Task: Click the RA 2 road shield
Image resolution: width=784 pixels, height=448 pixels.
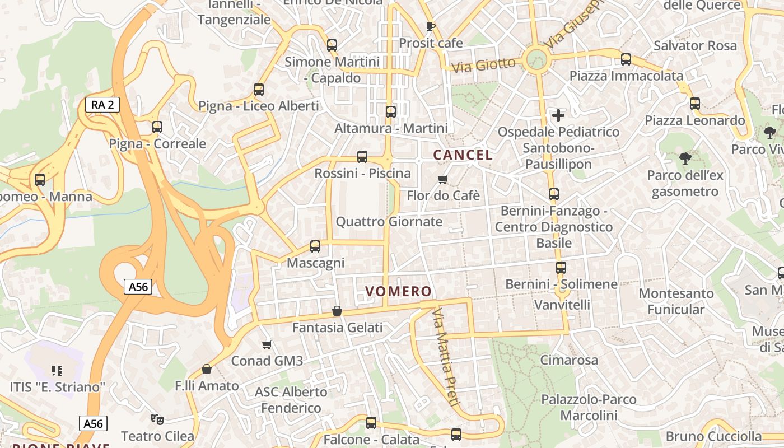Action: click(102, 104)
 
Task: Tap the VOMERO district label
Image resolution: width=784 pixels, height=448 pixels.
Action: click(398, 291)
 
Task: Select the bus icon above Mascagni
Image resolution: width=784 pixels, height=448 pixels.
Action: click(315, 246)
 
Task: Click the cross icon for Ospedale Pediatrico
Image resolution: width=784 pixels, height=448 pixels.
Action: click(558, 115)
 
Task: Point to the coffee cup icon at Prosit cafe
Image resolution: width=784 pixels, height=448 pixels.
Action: click(430, 26)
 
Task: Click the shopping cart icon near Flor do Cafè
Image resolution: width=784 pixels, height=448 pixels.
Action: click(443, 179)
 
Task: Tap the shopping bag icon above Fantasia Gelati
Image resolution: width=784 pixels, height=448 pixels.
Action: click(337, 311)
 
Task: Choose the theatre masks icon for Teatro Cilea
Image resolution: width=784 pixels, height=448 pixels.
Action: click(157, 419)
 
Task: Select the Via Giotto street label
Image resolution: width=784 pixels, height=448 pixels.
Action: click(483, 66)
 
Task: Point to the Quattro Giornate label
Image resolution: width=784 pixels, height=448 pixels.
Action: click(389, 222)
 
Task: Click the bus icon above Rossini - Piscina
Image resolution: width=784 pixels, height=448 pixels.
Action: click(362, 157)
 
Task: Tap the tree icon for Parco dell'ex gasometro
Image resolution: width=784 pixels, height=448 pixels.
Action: click(685, 158)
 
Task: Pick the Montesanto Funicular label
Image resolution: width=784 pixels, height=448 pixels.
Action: click(676, 301)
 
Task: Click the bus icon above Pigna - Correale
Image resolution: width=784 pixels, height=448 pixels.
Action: click(157, 127)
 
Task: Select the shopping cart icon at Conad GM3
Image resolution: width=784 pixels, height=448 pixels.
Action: click(267, 344)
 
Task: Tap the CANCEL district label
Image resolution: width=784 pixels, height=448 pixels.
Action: click(463, 155)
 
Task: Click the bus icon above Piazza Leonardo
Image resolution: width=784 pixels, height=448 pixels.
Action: click(695, 104)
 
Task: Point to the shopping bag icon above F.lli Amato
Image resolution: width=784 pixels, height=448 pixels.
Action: click(207, 369)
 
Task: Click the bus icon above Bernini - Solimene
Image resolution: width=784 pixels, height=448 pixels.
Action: click(561, 268)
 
